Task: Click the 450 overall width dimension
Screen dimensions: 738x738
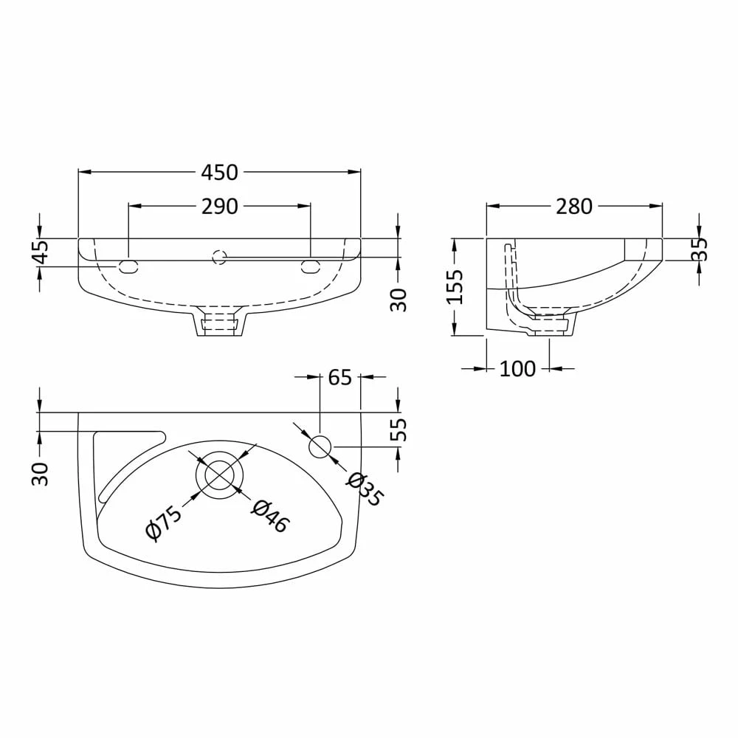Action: (x=219, y=172)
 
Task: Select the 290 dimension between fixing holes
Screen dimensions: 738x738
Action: (x=219, y=207)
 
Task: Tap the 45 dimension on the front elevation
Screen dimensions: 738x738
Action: (x=40, y=252)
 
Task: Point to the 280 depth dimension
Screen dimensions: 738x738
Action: (x=573, y=207)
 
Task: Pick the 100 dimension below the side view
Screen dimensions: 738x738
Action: (x=517, y=368)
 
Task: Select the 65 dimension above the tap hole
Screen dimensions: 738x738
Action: (x=339, y=377)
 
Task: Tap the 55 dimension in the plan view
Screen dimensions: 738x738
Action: (x=398, y=430)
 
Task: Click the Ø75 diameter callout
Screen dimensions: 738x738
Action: (x=163, y=522)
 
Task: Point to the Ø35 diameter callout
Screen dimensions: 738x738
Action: (x=364, y=489)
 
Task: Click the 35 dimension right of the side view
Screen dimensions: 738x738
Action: (x=699, y=249)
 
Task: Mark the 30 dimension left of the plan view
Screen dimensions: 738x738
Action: (x=40, y=473)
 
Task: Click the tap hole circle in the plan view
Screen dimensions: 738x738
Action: (x=320, y=446)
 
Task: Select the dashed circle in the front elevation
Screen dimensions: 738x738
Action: (x=218, y=257)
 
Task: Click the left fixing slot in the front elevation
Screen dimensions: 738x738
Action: (x=128, y=266)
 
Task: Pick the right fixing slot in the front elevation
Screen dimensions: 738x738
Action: (x=310, y=266)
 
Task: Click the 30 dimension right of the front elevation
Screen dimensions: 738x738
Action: (x=399, y=299)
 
